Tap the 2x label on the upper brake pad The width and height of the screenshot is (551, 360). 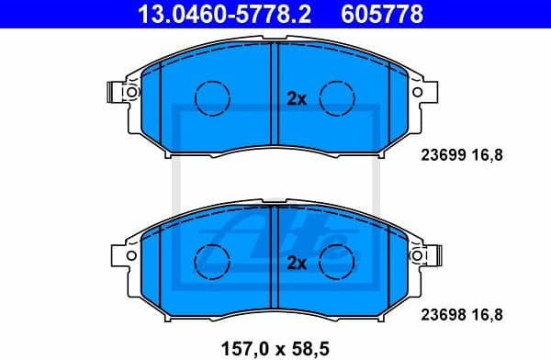point(296,98)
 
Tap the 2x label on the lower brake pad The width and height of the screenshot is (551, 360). point(296,264)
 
